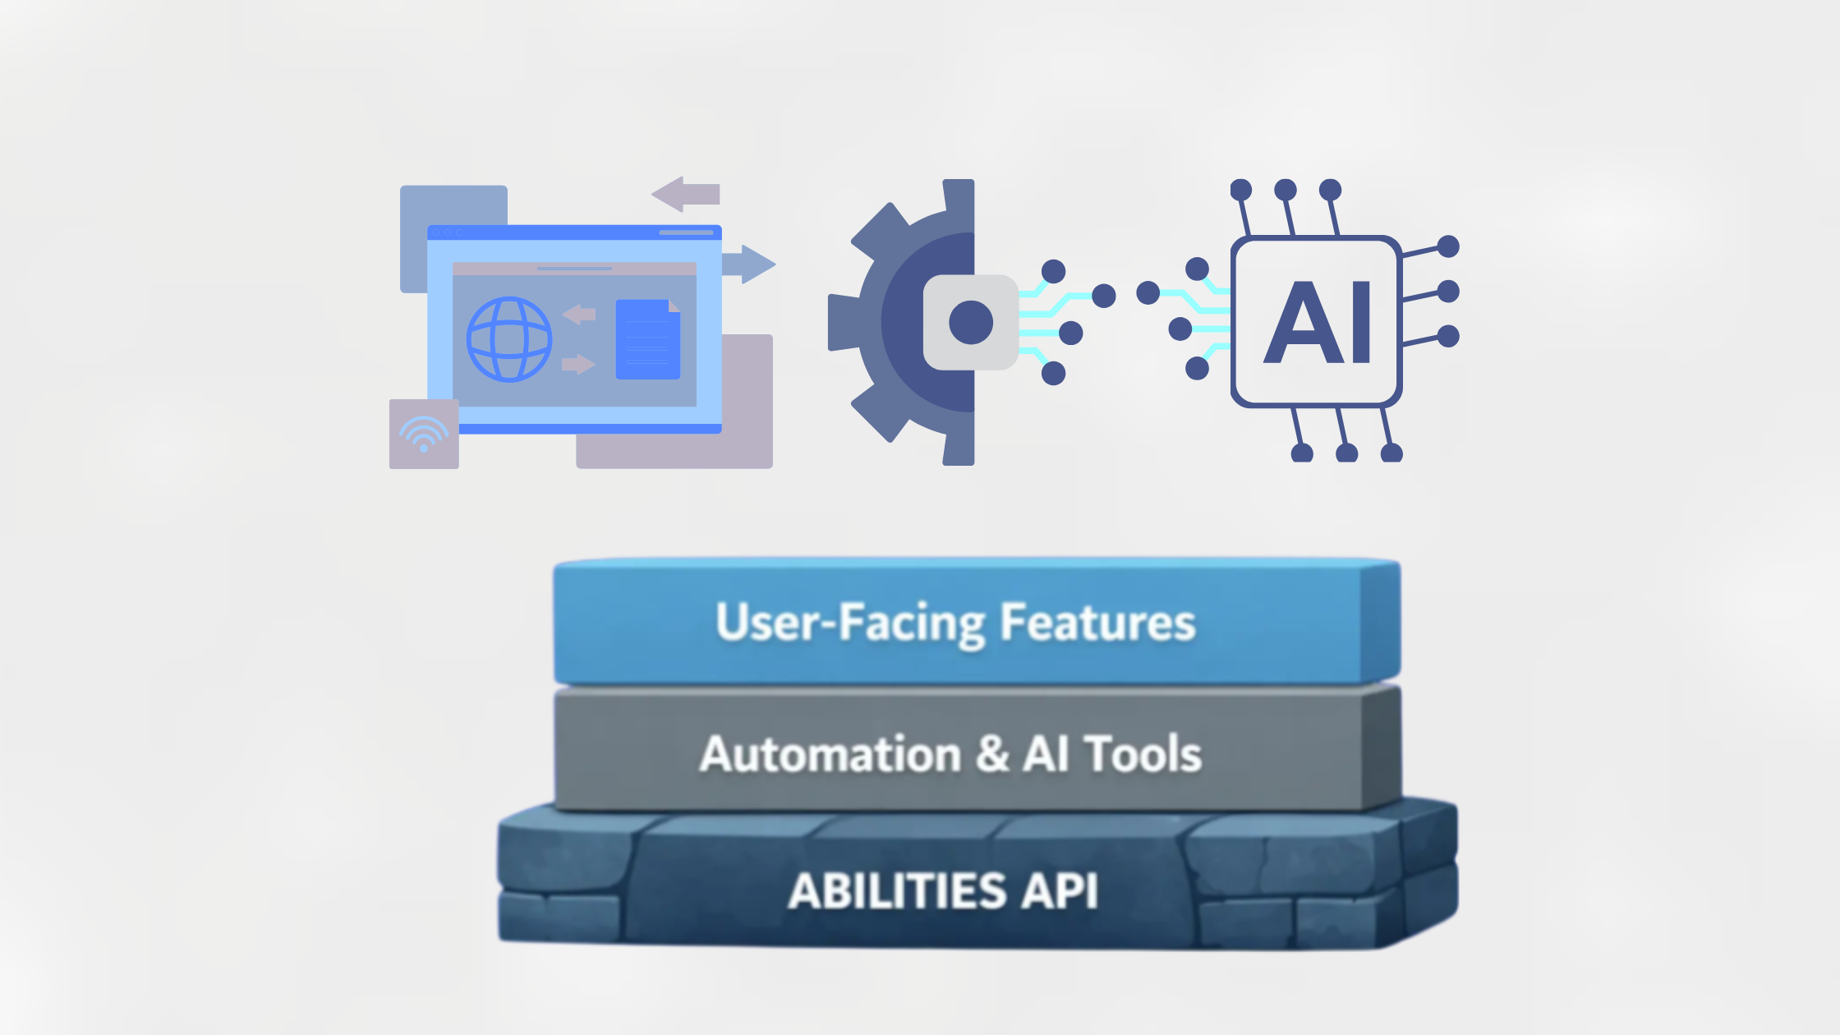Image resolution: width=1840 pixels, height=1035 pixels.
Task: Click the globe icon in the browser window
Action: tap(509, 339)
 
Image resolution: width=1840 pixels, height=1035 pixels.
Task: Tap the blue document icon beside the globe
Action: tap(647, 340)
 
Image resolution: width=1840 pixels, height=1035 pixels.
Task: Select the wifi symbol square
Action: tap(424, 434)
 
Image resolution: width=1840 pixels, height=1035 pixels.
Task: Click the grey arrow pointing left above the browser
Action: tap(686, 194)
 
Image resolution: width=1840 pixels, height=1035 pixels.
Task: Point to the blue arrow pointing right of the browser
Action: tap(749, 264)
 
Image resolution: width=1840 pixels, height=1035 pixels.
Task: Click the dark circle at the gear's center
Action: tap(971, 322)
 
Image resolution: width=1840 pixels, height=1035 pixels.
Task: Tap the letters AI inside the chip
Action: tap(1318, 322)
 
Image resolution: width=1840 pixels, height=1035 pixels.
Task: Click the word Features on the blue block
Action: tap(1097, 622)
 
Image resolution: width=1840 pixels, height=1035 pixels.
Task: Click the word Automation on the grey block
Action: tap(830, 754)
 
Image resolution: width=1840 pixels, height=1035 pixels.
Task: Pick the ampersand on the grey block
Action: tap(992, 754)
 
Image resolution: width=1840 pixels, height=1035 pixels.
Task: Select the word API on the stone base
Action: tap(1059, 890)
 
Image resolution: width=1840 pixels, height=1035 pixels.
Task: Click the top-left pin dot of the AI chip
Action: tap(1241, 191)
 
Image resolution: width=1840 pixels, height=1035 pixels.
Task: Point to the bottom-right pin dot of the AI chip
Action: tap(1391, 453)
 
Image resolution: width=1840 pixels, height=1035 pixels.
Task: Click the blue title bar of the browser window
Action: tap(574, 232)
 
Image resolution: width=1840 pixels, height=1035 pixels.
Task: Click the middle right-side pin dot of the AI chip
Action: tap(1448, 291)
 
